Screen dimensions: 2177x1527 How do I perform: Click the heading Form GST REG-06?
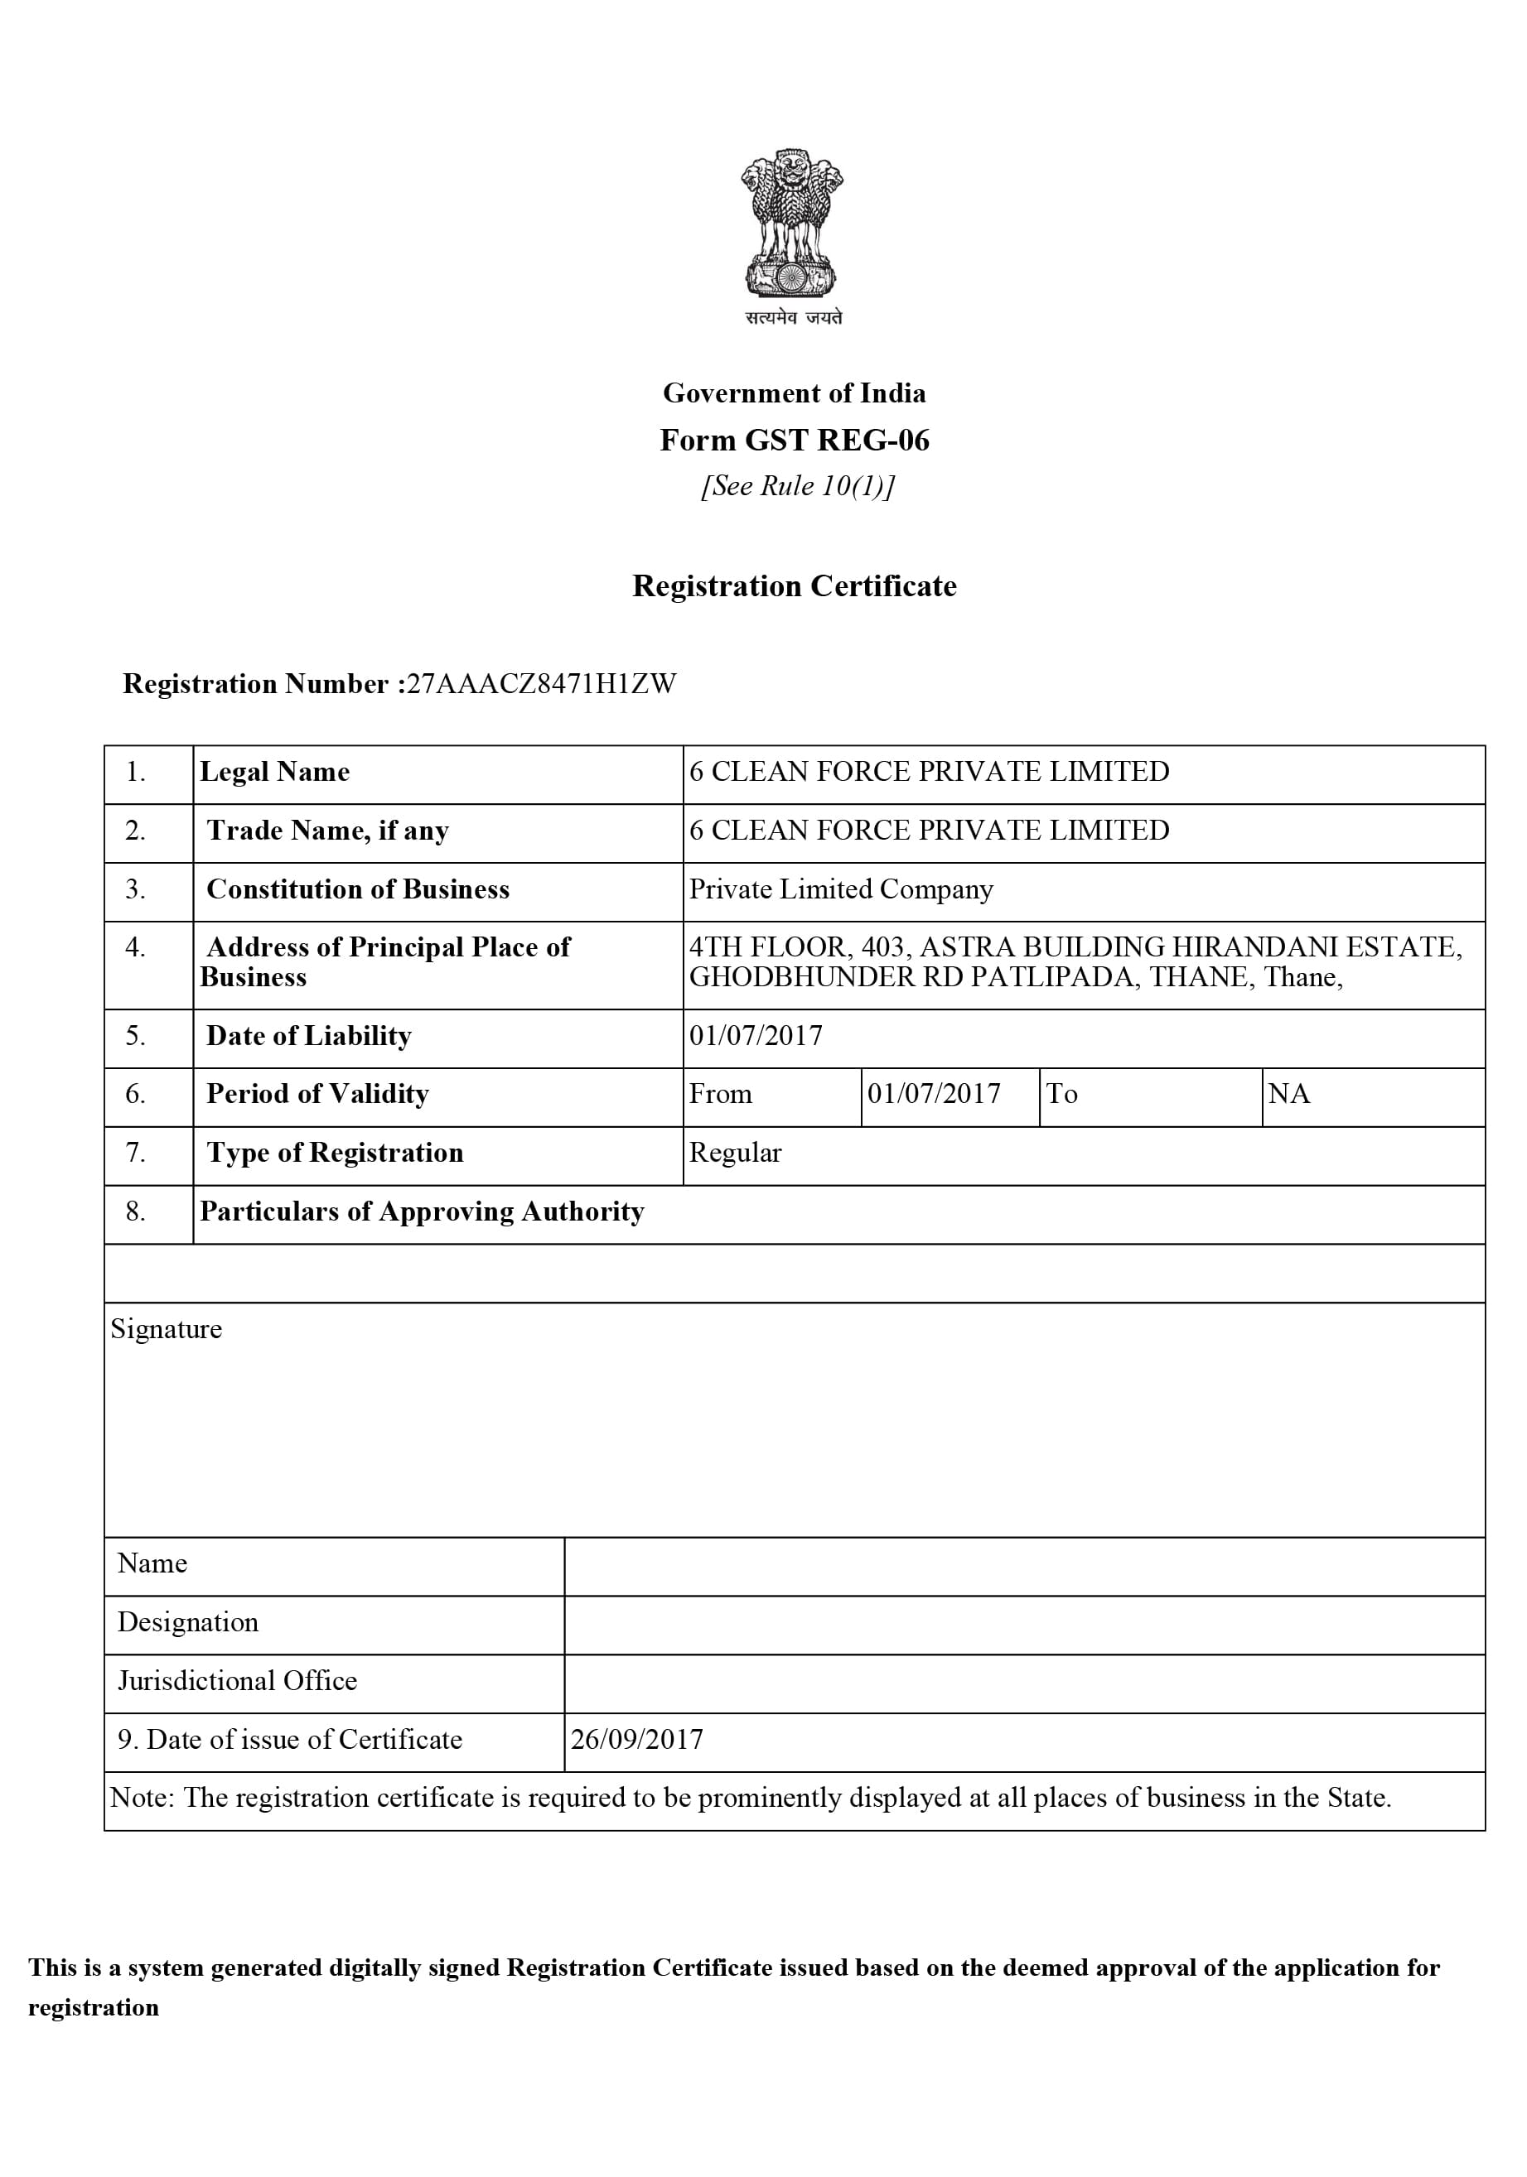794,440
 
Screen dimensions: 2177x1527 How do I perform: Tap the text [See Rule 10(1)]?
797,485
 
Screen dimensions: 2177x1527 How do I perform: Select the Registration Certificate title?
794,586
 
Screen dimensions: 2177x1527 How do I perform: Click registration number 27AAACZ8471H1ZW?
540,684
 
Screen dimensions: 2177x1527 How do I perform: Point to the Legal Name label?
274,772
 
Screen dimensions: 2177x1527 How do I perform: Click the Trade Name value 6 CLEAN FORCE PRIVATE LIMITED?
929,831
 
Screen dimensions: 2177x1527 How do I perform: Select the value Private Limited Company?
840,889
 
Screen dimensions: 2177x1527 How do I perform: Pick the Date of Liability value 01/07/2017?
756,1035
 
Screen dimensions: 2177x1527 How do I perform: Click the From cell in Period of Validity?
721,1094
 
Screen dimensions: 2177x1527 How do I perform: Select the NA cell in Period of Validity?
1289,1094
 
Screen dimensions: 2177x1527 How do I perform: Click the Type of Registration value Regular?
735,1153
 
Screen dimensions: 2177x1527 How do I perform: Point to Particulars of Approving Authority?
422,1211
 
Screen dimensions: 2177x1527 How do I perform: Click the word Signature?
166,1329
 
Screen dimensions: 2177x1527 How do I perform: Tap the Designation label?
188,1622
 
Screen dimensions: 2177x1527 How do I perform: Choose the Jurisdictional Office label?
237,1681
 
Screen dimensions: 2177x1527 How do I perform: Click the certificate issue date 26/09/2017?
636,1740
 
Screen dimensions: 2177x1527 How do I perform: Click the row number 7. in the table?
136,1153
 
